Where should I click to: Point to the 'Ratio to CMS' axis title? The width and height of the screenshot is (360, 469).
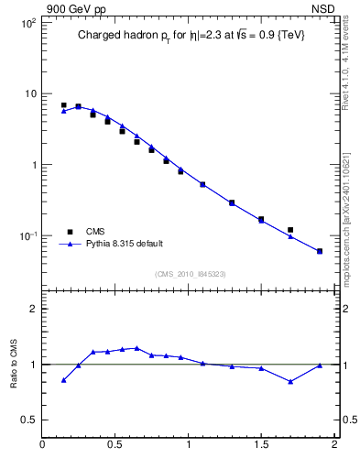coord(14,365)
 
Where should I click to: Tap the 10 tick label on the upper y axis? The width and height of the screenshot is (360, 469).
coord(30,94)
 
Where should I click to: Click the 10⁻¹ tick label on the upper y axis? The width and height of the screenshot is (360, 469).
coord(27,236)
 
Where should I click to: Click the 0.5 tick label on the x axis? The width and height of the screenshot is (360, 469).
coord(115,445)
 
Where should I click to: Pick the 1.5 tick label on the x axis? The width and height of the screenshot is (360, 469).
coord(261,445)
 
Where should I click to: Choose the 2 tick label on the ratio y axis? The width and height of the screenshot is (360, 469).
coord(33,309)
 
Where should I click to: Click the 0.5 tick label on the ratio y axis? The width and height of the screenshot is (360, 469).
coord(29,420)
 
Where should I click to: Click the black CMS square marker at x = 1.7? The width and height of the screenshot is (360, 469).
coord(290,230)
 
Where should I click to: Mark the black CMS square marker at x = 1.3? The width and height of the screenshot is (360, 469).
coord(232,202)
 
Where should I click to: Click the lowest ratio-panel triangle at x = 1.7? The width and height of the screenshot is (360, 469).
coord(290,382)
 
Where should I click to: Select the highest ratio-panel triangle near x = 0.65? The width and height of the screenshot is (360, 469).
coord(136,348)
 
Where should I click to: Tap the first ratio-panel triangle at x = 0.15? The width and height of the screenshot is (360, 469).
coord(63,380)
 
